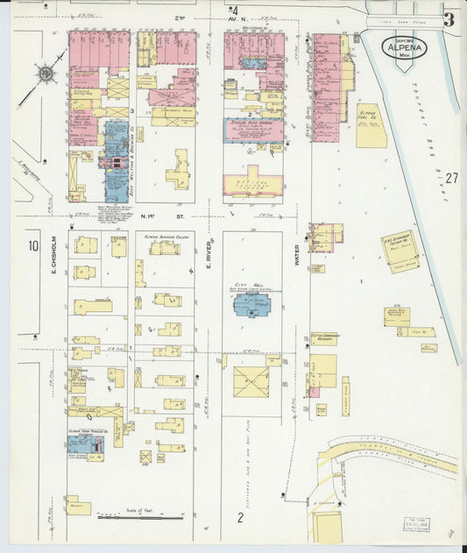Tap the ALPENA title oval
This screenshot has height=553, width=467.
pyautogui.click(x=404, y=48)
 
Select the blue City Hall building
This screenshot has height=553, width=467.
pyautogui.click(x=251, y=306)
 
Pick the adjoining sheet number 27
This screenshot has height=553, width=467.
pyautogui.click(x=450, y=178)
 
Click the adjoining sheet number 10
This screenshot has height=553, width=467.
pyautogui.click(x=32, y=246)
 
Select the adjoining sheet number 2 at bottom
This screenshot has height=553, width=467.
pyautogui.click(x=239, y=517)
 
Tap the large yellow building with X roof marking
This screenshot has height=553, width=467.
pyautogui.click(x=251, y=381)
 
